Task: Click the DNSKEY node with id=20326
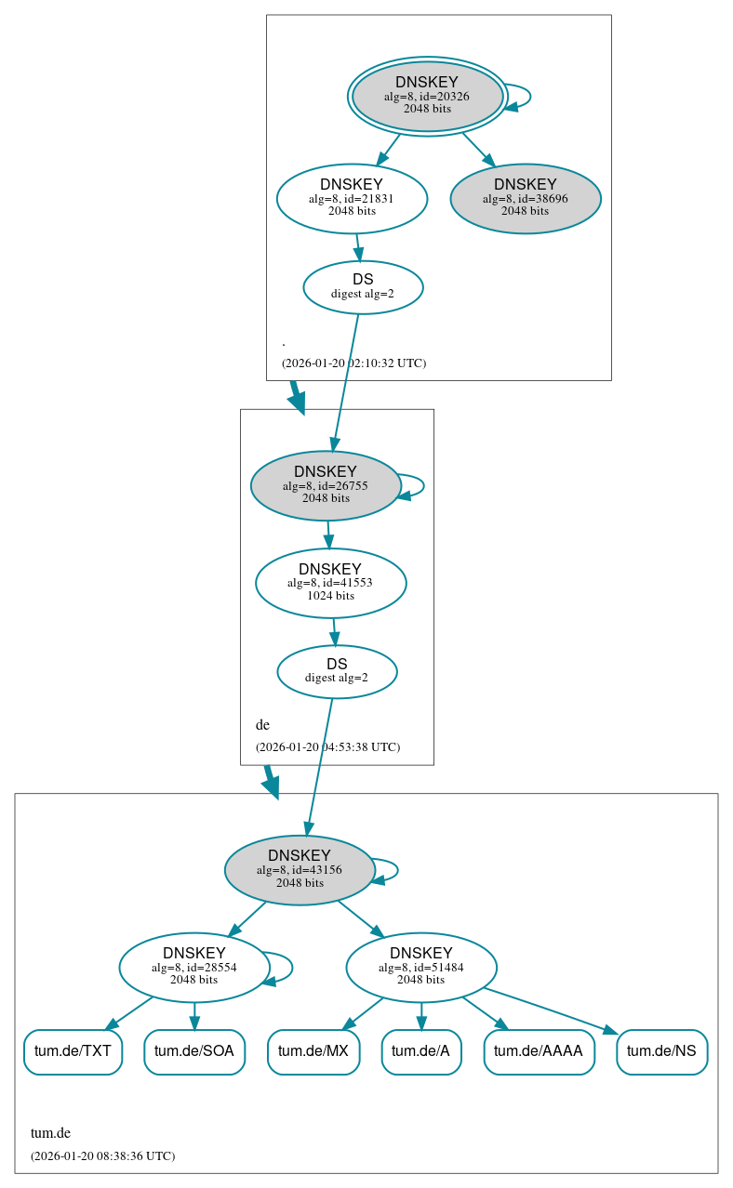tap(427, 96)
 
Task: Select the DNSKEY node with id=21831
tap(352, 198)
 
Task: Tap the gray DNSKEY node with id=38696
tap(526, 198)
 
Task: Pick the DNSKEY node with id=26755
tap(326, 485)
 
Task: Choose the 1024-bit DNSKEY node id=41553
tap(330, 583)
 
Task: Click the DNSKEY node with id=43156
tap(300, 870)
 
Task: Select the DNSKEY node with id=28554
tap(193, 967)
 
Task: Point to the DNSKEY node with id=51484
tap(420, 967)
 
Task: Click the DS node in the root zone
tap(363, 287)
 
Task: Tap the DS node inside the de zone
tap(337, 671)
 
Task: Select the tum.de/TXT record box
tap(73, 1051)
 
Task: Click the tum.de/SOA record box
tap(194, 1051)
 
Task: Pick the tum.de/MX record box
tap(313, 1051)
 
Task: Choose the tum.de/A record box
tap(420, 1051)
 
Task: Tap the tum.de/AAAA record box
tap(539, 1051)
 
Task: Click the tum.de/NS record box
tap(661, 1051)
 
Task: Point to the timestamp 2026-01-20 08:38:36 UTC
tap(102, 1156)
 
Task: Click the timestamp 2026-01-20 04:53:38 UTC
tap(327, 746)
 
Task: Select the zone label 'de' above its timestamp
tap(262, 724)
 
